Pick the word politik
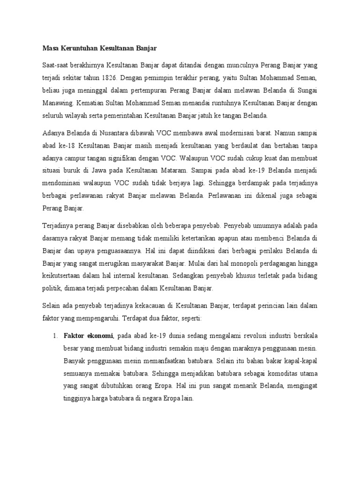click(52, 287)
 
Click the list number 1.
click(54, 336)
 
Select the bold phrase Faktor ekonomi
click(88, 336)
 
